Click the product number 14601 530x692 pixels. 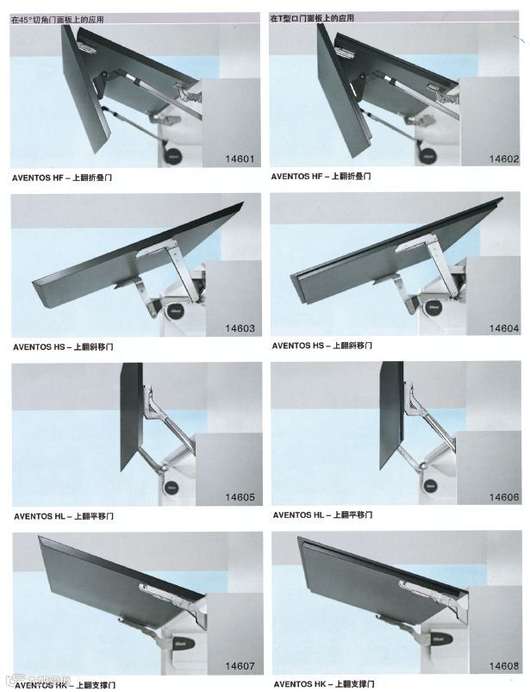click(x=240, y=159)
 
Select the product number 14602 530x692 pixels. click(x=503, y=159)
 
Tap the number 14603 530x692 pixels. click(x=240, y=328)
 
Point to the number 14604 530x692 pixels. click(x=503, y=328)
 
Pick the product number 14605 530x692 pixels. click(x=240, y=497)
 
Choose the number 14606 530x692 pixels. click(x=503, y=497)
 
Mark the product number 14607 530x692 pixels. click(x=240, y=666)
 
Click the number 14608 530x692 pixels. click(x=503, y=666)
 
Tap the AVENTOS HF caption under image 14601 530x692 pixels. click(x=63, y=178)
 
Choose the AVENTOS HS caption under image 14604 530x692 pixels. click(x=321, y=346)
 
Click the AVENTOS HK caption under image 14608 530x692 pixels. click(x=323, y=683)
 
